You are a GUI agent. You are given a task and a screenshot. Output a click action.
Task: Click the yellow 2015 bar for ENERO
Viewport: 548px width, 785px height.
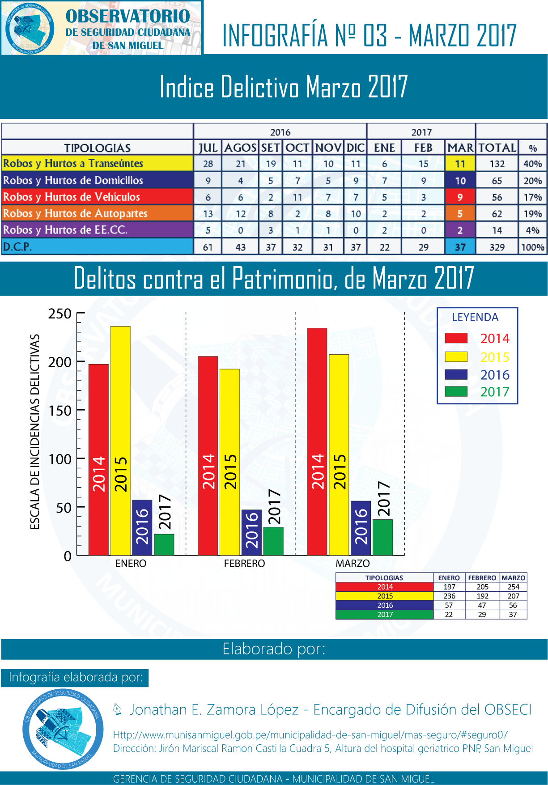pos(120,441)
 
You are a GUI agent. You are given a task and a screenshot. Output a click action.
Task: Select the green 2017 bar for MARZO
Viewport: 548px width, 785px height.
pos(382,537)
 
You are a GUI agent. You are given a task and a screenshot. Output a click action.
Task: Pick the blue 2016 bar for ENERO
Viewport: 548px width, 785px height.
pos(142,527)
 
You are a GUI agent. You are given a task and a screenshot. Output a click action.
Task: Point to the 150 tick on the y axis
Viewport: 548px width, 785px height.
pos(60,410)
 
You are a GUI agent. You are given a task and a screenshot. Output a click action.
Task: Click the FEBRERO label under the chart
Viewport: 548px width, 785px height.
pos(244,563)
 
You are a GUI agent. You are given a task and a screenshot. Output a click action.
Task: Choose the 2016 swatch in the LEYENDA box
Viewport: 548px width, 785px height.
pos(456,374)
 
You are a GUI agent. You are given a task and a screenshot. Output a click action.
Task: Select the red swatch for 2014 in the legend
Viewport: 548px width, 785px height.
pos(456,338)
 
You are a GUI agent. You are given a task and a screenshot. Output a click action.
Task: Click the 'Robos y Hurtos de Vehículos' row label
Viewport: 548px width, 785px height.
pos(72,197)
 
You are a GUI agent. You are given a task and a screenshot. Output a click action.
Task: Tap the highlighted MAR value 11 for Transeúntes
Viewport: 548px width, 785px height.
pos(460,164)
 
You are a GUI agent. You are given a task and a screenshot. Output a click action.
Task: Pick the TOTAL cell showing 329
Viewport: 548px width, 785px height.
pos(497,247)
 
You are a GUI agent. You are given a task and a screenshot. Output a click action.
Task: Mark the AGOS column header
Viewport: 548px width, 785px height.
pos(240,148)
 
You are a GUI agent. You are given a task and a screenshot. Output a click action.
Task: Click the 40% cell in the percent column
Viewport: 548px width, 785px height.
pos(532,164)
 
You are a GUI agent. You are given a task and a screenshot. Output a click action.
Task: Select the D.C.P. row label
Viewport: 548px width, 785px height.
pos(18,246)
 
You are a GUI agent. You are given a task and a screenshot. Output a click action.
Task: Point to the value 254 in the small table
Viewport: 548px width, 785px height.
pos(513,587)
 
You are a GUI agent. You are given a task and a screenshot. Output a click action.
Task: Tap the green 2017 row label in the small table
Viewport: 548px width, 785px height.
pos(385,615)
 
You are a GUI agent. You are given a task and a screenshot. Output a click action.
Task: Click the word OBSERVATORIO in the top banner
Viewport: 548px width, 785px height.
pos(128,16)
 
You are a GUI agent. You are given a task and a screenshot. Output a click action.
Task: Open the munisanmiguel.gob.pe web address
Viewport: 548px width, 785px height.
pos(310,735)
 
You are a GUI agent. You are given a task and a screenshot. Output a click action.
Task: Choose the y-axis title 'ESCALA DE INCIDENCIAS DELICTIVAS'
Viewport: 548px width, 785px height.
pos(35,432)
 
